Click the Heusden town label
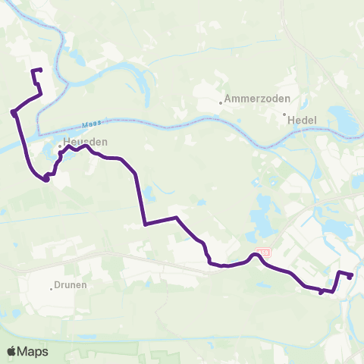(82, 142)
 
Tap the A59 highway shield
(263, 251)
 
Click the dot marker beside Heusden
(60, 146)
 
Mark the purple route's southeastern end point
(350, 277)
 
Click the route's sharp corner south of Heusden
(46, 179)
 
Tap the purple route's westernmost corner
(14, 113)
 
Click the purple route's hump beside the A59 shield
(256, 256)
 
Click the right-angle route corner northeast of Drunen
(144, 224)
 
